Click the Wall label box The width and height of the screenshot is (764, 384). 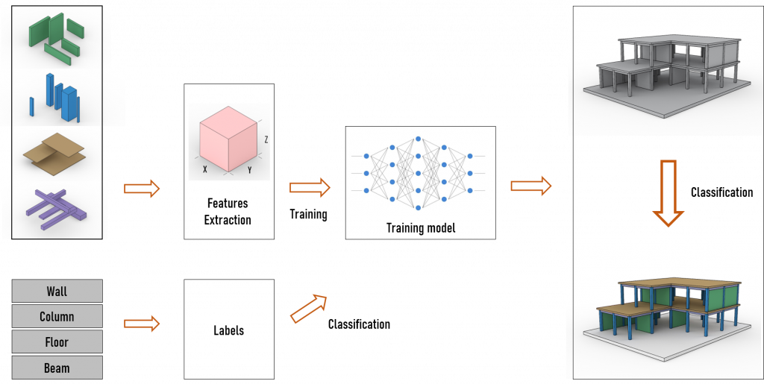point(57,291)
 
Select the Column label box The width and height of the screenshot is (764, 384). point(57,316)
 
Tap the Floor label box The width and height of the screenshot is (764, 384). point(57,342)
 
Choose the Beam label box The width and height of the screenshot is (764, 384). point(57,368)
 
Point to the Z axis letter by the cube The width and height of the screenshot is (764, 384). point(266,139)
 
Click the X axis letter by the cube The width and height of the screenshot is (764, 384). point(204,169)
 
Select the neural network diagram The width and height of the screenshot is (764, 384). point(418,173)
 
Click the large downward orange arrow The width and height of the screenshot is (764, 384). point(668,192)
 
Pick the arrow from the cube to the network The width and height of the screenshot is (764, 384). point(310,188)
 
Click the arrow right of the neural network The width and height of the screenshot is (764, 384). point(530,186)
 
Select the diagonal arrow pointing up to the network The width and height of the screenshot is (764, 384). point(309,308)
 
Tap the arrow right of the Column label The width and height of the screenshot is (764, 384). point(142,323)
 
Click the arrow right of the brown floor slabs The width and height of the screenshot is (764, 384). point(142,189)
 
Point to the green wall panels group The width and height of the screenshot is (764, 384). point(56,37)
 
